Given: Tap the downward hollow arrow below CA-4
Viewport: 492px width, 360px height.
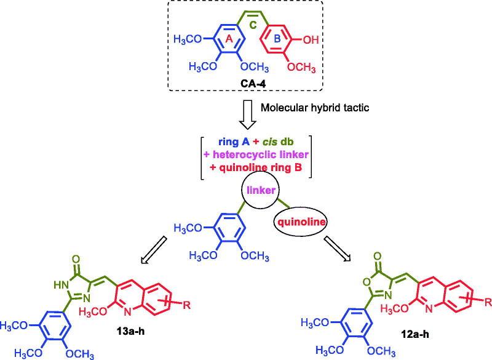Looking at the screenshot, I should (246, 109).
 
